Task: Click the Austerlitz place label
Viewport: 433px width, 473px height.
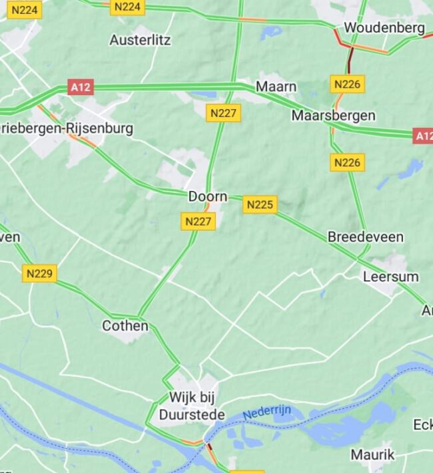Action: [x=140, y=40]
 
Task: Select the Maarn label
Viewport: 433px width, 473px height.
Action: [x=276, y=87]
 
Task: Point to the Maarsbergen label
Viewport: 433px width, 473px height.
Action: [x=333, y=116]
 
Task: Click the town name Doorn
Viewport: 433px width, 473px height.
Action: [x=208, y=197]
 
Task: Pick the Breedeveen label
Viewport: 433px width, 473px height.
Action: [x=365, y=237]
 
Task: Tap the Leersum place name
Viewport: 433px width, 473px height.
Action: [x=390, y=277]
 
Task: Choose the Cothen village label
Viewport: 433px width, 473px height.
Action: [x=125, y=326]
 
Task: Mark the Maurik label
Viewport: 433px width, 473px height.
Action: [x=372, y=455]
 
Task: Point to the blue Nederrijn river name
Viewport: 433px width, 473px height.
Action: [x=266, y=412]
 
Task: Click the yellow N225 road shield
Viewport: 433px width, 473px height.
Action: [x=260, y=205]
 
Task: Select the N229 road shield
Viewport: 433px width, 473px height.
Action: [x=40, y=273]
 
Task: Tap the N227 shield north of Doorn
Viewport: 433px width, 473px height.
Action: [x=223, y=113]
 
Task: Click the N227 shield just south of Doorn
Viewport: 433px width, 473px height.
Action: [x=199, y=222]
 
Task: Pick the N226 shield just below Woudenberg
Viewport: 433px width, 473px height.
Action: [x=348, y=84]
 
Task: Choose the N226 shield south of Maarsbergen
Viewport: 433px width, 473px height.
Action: [x=348, y=162]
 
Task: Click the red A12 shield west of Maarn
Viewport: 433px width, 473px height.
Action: [x=80, y=87]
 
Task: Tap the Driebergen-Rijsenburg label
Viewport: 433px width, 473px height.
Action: [x=67, y=128]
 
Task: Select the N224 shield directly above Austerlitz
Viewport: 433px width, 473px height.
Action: [x=127, y=7]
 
